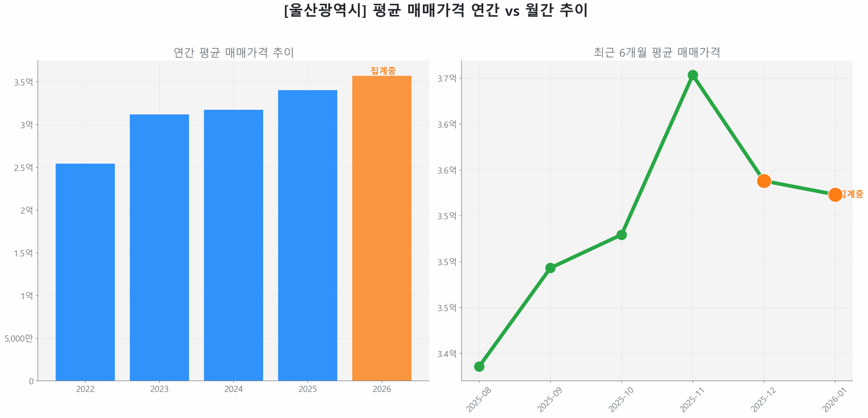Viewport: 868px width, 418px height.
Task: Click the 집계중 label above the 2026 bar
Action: coord(383,70)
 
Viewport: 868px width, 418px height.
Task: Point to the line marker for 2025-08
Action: coord(479,366)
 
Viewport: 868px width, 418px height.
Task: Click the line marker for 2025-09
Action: coord(550,268)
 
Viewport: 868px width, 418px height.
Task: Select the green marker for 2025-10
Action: coord(621,234)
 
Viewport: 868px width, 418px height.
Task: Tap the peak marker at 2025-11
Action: coord(692,75)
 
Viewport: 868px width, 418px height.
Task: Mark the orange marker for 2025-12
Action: coord(764,181)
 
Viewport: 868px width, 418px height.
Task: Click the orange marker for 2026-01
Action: coord(834,194)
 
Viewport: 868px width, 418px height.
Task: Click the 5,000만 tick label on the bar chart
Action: coord(19,338)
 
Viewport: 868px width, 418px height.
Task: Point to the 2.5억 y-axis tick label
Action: coord(23,167)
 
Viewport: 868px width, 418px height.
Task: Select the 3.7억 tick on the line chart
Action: coord(447,78)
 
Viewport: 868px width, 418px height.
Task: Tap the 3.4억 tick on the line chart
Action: coord(447,354)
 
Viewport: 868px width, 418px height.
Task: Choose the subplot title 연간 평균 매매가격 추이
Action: coord(233,53)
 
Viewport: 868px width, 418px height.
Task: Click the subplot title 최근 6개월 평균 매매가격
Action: coord(656,53)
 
